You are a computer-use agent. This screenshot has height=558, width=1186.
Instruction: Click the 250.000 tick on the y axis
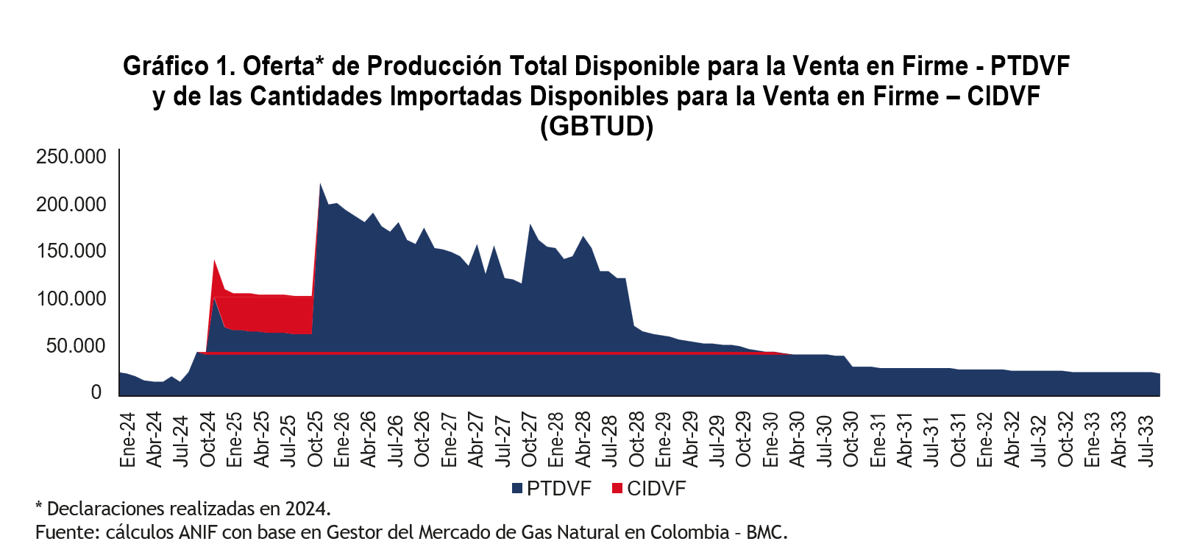click(x=71, y=157)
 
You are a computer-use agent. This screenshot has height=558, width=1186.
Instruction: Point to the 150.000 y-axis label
click(x=71, y=251)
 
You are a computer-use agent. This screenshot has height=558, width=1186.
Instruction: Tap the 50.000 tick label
click(x=77, y=345)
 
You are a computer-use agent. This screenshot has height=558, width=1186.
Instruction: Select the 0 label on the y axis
click(x=96, y=392)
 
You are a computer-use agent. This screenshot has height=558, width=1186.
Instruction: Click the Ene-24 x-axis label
click(x=128, y=439)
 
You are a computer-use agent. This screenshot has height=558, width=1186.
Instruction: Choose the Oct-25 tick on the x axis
click(x=316, y=439)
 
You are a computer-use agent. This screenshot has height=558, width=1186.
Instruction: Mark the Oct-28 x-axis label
click(x=637, y=439)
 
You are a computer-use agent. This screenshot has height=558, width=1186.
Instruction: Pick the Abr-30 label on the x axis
click(x=798, y=439)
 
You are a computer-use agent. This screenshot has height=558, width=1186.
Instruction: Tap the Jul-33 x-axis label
click(x=1146, y=439)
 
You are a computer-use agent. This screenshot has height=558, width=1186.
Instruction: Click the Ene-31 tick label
click(x=878, y=439)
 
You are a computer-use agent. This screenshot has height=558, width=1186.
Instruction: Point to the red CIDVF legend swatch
click(x=617, y=489)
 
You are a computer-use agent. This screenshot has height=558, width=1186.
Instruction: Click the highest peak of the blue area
click(x=321, y=184)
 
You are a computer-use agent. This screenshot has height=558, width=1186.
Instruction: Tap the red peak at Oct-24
click(x=214, y=261)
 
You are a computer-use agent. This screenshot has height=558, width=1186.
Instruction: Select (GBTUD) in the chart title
click(x=597, y=127)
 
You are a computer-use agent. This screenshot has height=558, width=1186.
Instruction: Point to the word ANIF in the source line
click(x=199, y=532)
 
